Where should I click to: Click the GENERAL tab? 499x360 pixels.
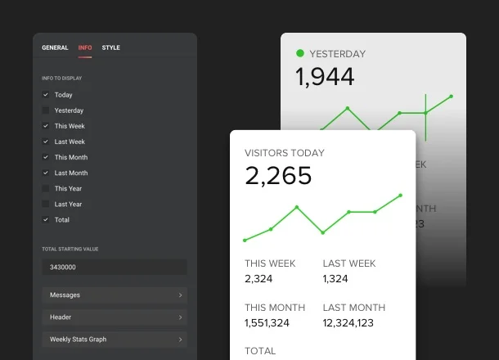55,47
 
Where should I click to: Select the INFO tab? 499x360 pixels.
85,47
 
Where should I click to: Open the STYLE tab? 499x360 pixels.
110,47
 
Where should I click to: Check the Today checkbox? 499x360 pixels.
46,95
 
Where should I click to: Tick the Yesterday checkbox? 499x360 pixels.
46,110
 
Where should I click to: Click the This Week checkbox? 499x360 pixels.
46,126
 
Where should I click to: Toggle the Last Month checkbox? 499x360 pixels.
46,173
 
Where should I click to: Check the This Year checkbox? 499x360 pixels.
46,188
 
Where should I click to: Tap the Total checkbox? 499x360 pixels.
46,219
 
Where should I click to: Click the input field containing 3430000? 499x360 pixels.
115,268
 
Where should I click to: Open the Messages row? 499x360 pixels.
115,295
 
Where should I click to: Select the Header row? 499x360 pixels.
115,317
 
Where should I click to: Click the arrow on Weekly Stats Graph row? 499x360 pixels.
180,340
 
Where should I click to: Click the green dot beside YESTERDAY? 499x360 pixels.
300,54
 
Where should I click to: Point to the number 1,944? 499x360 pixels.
325,77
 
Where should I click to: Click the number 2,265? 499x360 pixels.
278,176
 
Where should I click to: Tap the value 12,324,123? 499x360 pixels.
348,323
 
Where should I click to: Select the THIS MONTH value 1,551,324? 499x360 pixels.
267,323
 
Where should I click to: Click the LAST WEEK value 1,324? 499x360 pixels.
335,279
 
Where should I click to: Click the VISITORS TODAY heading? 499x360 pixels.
284,153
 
